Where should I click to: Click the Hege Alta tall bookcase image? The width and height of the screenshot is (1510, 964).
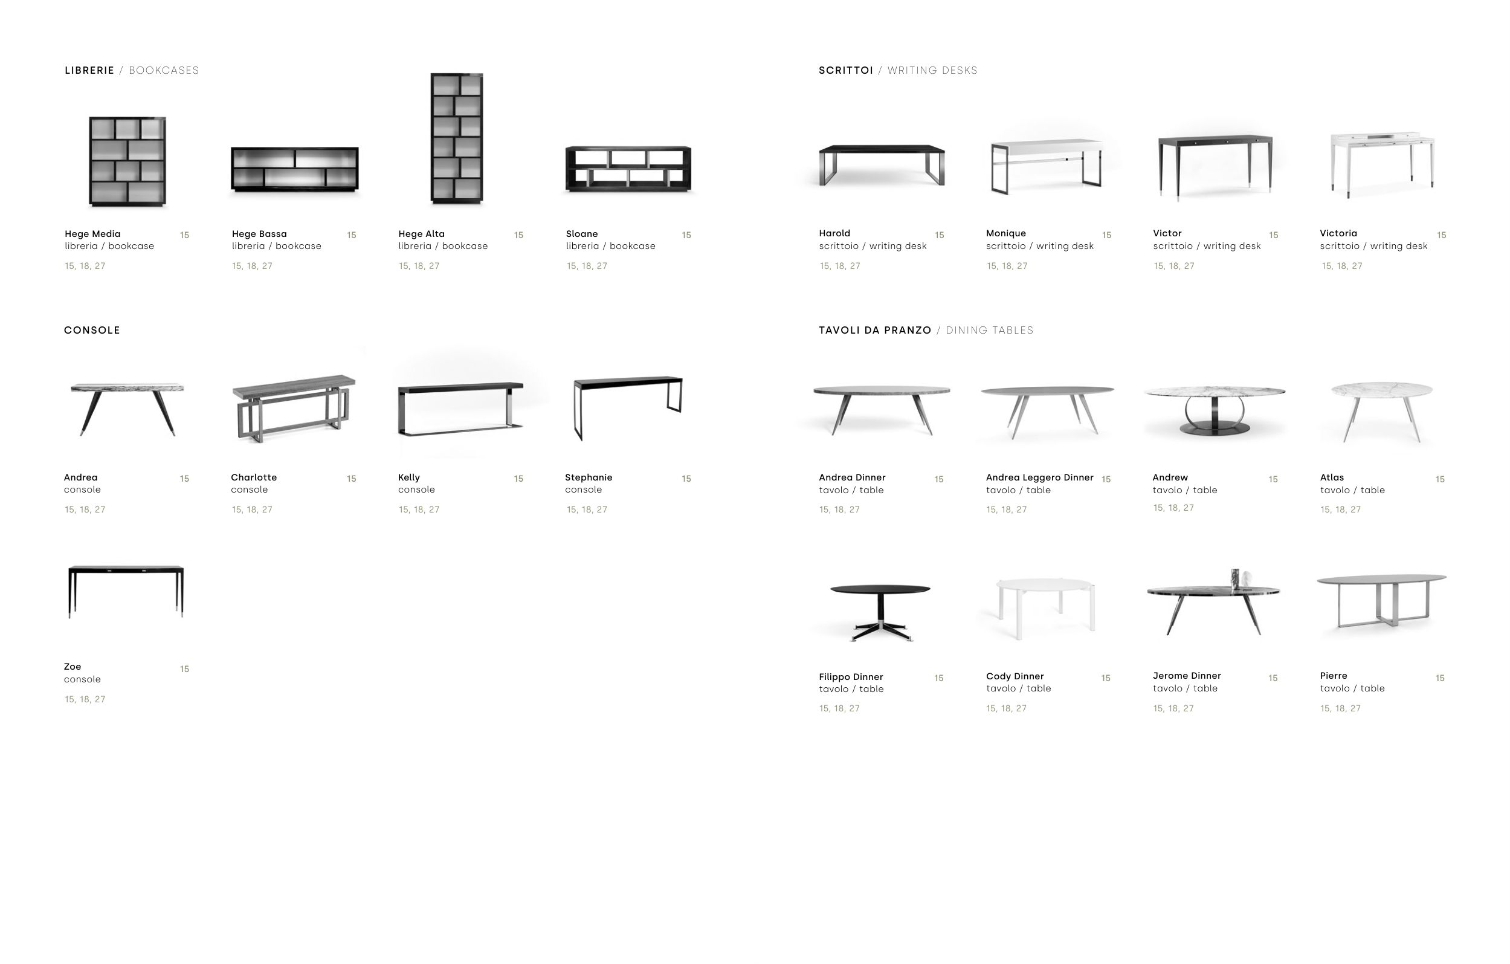click(x=457, y=138)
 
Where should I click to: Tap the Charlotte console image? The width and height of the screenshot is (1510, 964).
click(x=294, y=409)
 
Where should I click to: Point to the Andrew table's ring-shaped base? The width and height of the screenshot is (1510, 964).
click(x=1214, y=416)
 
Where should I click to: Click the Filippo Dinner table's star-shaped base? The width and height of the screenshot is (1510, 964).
click(x=880, y=630)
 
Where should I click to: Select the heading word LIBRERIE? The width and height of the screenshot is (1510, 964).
click(x=89, y=70)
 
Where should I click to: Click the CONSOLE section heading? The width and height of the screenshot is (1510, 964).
click(x=92, y=330)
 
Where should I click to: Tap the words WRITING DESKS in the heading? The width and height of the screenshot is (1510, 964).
click(x=932, y=70)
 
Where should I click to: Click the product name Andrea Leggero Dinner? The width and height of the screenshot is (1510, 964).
click(x=1040, y=477)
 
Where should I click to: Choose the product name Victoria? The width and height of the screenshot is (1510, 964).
click(x=1338, y=233)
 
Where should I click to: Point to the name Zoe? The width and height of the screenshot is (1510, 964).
click(x=72, y=667)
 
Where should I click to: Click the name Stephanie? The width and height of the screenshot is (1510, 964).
click(x=588, y=477)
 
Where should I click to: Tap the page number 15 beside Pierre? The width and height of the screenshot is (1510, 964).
click(x=1440, y=678)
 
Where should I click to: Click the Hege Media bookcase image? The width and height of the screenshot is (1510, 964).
click(x=127, y=161)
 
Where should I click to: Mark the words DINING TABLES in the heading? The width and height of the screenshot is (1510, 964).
click(x=990, y=330)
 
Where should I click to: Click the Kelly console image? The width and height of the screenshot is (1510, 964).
click(x=460, y=408)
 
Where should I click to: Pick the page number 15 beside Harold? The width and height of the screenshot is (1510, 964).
click(x=940, y=235)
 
